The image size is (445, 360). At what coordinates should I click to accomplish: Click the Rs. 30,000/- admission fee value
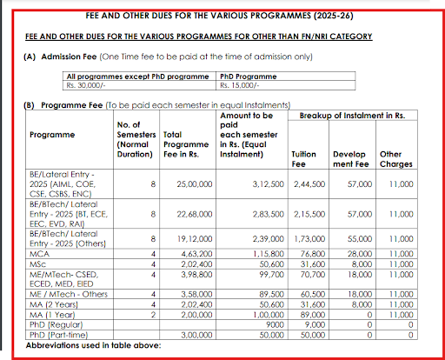[x=85, y=86]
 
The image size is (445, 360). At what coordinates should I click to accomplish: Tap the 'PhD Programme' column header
[x=247, y=77]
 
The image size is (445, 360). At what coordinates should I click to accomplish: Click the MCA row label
[x=40, y=253]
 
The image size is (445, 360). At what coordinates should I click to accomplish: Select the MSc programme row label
[x=38, y=263]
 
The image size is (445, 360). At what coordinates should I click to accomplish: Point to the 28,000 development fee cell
[x=357, y=253]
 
